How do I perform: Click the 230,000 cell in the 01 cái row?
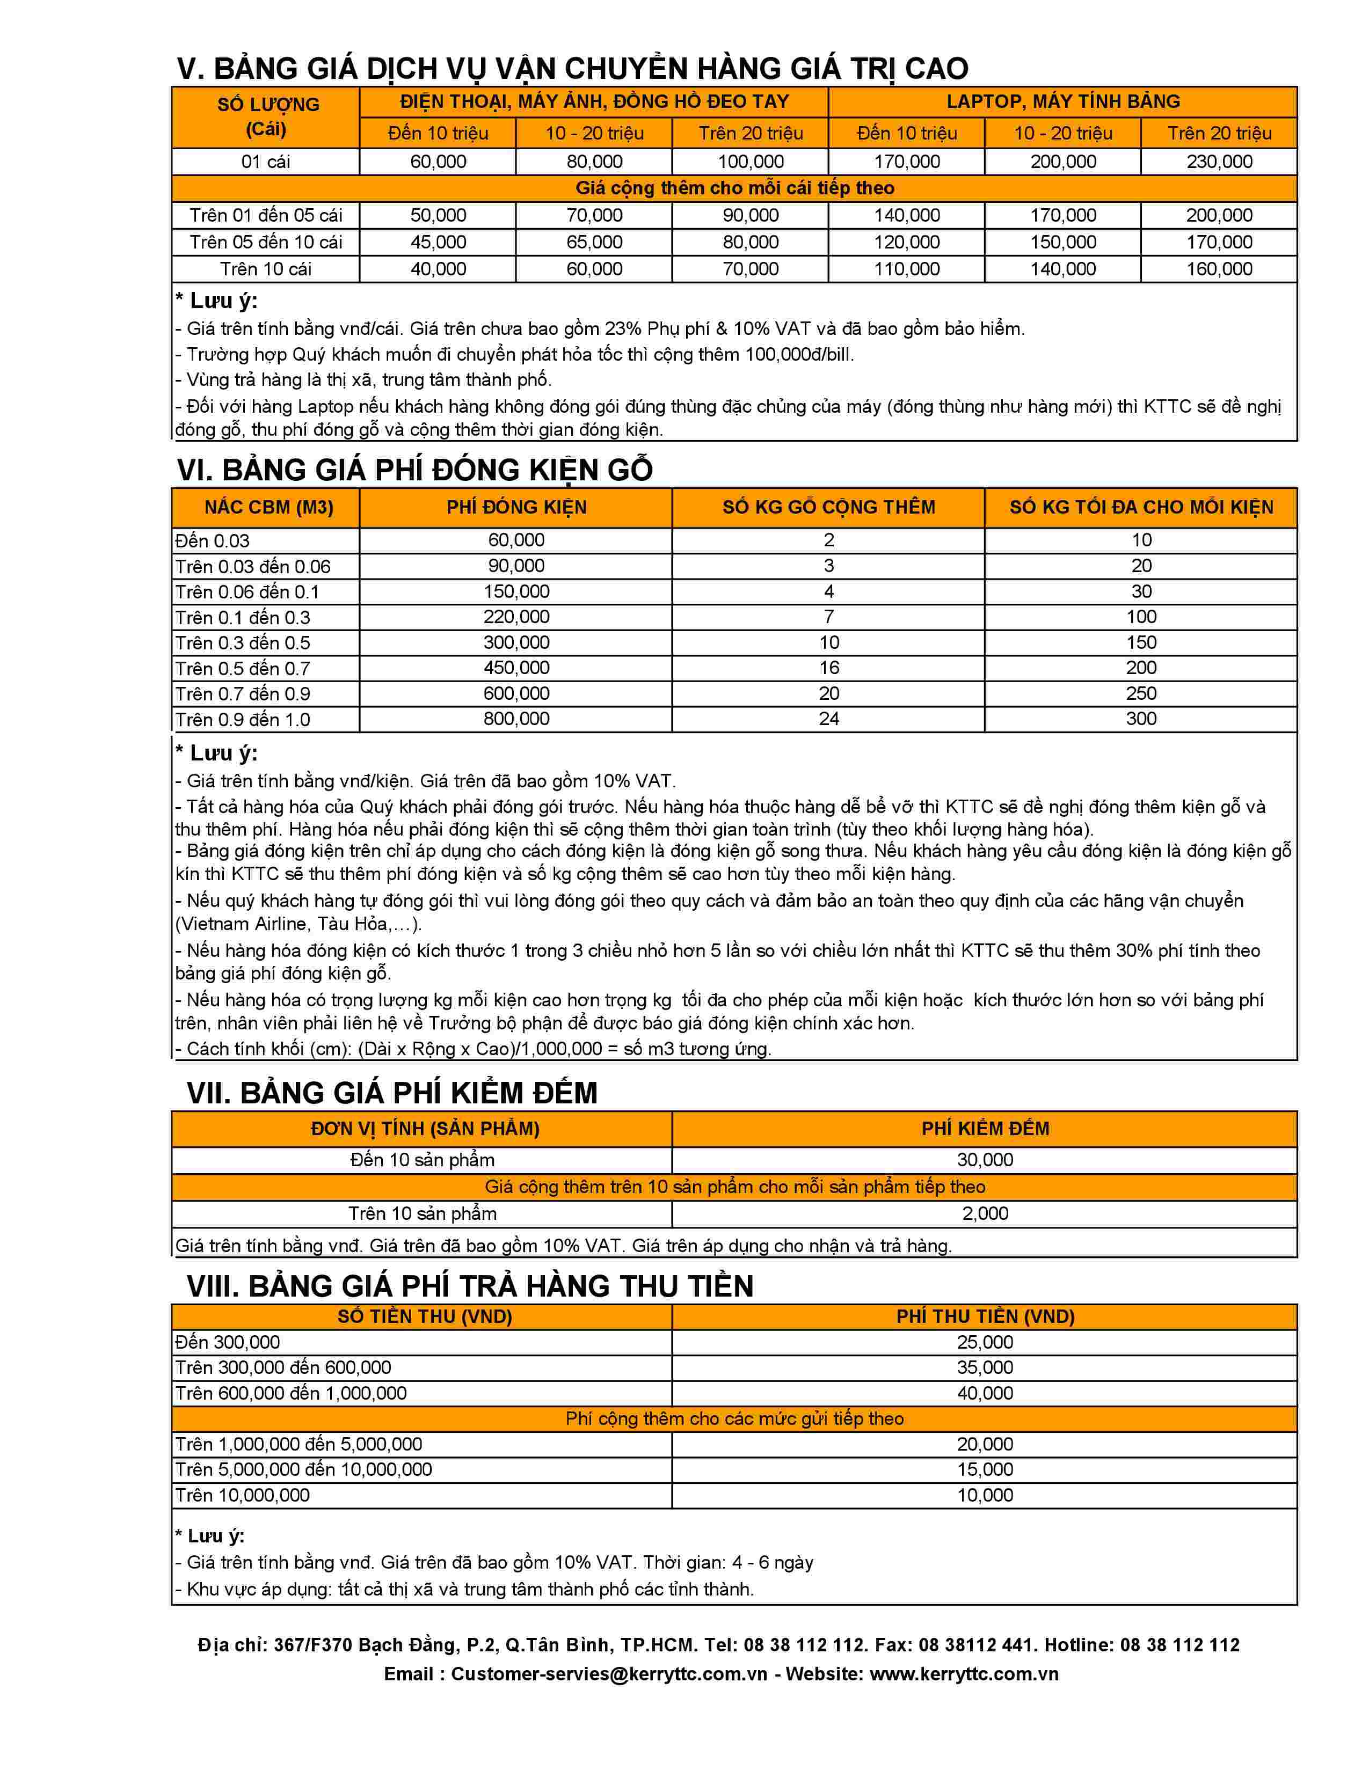1219,162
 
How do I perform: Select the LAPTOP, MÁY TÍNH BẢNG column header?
1062,101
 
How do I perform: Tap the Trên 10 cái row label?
265,269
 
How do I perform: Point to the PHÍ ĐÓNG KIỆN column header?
516,508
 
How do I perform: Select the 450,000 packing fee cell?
516,668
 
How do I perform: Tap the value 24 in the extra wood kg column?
828,719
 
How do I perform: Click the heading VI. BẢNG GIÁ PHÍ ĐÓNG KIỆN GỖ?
414,470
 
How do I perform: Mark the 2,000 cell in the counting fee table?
985,1214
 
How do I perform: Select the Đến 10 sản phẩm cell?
422,1160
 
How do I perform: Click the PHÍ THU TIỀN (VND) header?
985,1316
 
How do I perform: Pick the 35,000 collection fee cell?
985,1368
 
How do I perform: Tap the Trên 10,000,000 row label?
243,1495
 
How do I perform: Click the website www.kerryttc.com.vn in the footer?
964,1674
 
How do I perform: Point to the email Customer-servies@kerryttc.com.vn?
609,1674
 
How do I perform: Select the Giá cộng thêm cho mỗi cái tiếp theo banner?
734,188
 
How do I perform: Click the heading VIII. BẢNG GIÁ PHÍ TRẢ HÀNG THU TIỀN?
470,1286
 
